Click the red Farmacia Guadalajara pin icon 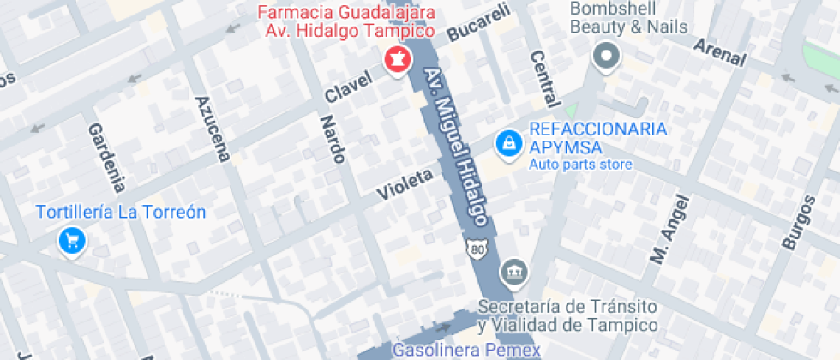[398, 60]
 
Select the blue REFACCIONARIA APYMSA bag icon [509, 143]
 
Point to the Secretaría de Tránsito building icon [514, 273]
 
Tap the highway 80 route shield [477, 248]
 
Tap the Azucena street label [213, 129]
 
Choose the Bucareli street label [478, 23]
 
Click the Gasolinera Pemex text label [465, 350]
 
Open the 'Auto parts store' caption [580, 165]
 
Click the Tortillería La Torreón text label [120, 212]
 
